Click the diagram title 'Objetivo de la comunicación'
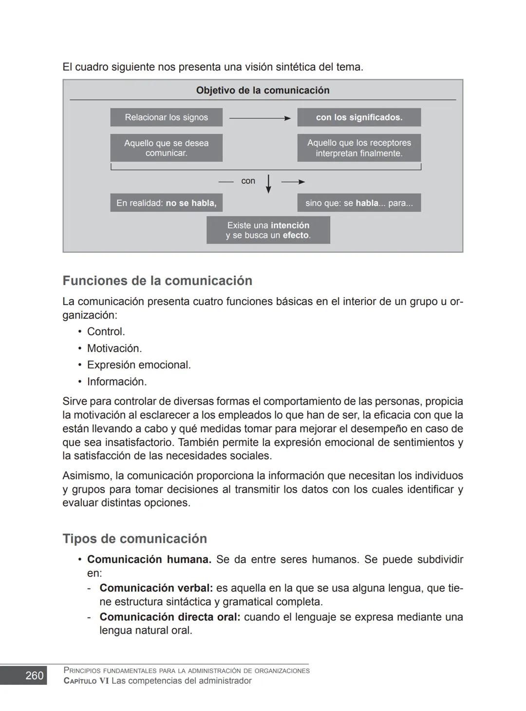(x=263, y=90)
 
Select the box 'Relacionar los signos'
(x=166, y=117)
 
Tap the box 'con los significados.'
(x=359, y=117)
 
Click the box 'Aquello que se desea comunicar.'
(x=166, y=148)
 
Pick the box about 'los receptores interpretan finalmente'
(x=359, y=148)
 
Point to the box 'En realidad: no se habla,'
(x=166, y=203)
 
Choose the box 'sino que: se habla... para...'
(x=359, y=203)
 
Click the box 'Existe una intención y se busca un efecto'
(x=268, y=230)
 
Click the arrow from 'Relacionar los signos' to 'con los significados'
(x=260, y=118)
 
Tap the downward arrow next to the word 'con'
(x=268, y=184)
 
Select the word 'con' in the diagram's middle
(x=248, y=181)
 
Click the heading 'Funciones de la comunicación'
(x=157, y=281)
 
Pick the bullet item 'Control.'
(x=106, y=331)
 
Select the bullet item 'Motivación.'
(x=114, y=348)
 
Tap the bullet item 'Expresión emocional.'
(x=139, y=365)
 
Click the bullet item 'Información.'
(x=117, y=381)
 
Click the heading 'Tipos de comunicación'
(x=134, y=538)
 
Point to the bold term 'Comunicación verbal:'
(x=156, y=588)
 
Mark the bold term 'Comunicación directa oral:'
(x=169, y=617)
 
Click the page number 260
(x=34, y=675)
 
